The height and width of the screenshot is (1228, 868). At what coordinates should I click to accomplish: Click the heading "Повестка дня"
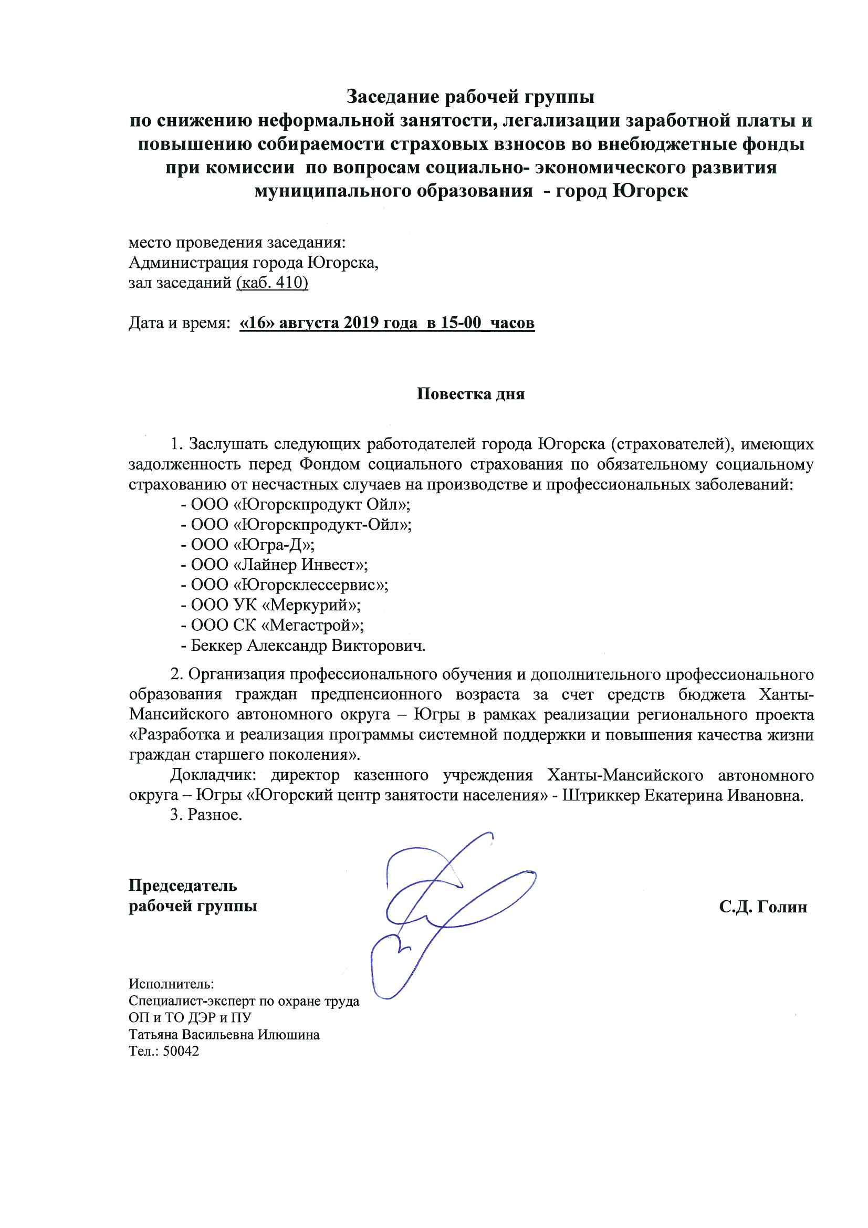click(x=470, y=394)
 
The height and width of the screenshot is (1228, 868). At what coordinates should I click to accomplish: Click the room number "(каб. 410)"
click(x=271, y=283)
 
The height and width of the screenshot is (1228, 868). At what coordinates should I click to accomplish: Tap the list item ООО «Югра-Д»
click(x=253, y=545)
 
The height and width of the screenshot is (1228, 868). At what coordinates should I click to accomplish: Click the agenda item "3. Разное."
click(x=206, y=816)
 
